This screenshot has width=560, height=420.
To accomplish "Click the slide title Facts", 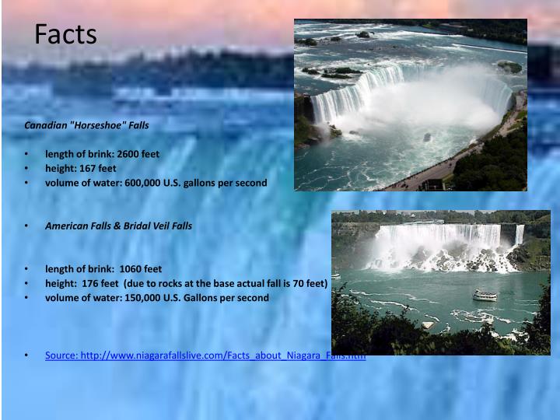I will [x=66, y=34].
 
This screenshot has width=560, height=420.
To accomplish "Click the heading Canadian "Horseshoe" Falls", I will [x=86, y=125].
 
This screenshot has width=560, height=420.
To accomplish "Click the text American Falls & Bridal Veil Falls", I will [x=118, y=226].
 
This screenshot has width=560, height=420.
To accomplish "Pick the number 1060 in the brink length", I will [x=131, y=269].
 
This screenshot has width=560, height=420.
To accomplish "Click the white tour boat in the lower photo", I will [x=485, y=295].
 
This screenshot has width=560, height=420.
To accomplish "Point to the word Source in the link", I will [x=61, y=355].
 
